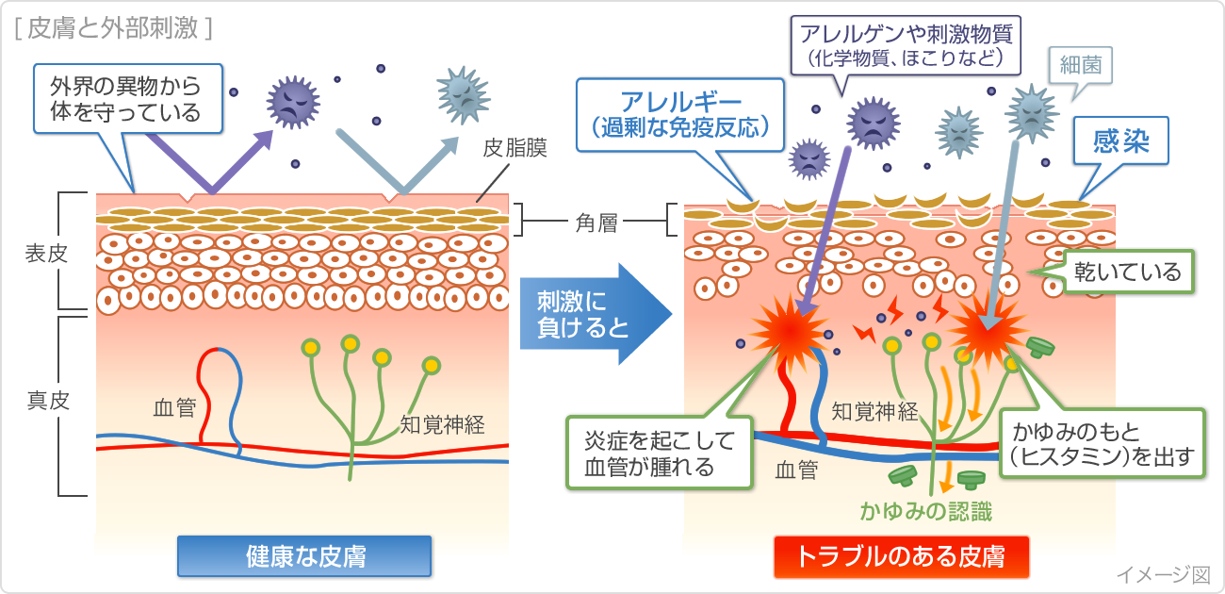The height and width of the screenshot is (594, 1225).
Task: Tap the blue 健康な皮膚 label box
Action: pos(304,556)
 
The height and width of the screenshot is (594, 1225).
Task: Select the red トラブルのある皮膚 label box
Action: pos(900,556)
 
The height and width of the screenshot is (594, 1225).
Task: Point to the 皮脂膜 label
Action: pos(514,148)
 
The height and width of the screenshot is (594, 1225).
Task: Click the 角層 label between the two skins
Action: pos(596,223)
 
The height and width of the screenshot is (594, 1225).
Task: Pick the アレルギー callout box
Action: pos(681,114)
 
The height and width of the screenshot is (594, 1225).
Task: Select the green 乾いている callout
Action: pos(1128,272)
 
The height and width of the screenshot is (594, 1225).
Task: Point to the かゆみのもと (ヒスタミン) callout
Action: pos(1102,445)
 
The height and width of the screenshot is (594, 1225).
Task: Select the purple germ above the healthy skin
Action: pos(294,101)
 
